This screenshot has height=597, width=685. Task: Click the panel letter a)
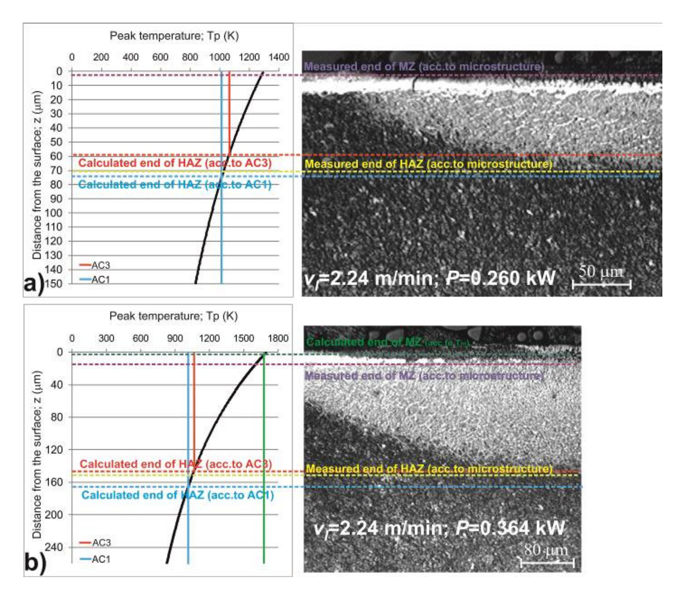(34, 284)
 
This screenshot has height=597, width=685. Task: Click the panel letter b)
(35, 563)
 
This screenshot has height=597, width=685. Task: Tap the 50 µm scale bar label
(600, 271)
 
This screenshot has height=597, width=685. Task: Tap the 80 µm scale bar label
(546, 550)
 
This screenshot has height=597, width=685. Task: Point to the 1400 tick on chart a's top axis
(278, 57)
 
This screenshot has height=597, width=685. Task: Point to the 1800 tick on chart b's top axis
(278, 338)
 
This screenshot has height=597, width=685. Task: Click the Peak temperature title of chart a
(174, 36)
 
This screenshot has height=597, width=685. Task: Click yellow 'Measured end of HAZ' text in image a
(429, 164)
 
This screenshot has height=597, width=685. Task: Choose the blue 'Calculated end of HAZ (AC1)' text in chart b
(178, 495)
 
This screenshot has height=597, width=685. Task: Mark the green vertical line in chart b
(264, 467)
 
